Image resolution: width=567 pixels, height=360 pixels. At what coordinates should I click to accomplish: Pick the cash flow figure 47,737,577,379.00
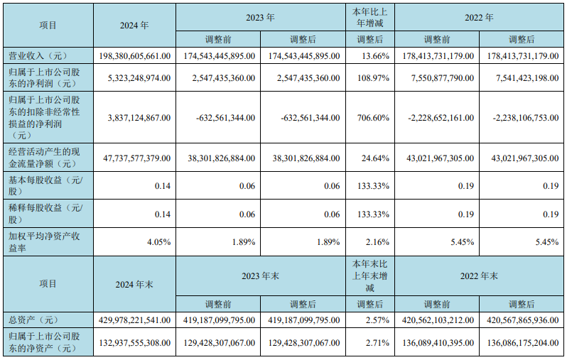133,158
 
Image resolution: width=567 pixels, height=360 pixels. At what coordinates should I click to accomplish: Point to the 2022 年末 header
480,274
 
